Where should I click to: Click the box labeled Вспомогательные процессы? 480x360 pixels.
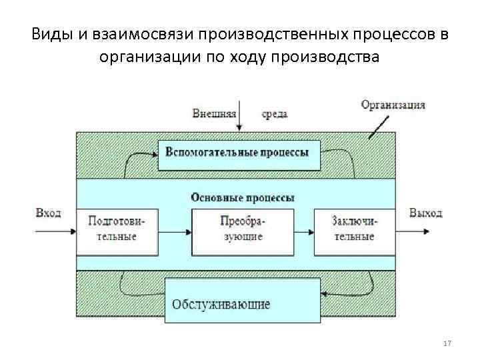238,153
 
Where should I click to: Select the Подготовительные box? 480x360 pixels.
117,231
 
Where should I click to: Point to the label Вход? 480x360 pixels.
48,213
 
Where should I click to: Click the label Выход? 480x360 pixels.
426,213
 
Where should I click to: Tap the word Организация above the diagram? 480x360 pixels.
393,105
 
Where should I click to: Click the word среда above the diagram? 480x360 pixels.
275,113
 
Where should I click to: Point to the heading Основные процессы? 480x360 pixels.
243,197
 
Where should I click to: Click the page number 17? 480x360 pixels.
447,343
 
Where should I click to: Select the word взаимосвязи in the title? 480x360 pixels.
139,34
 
